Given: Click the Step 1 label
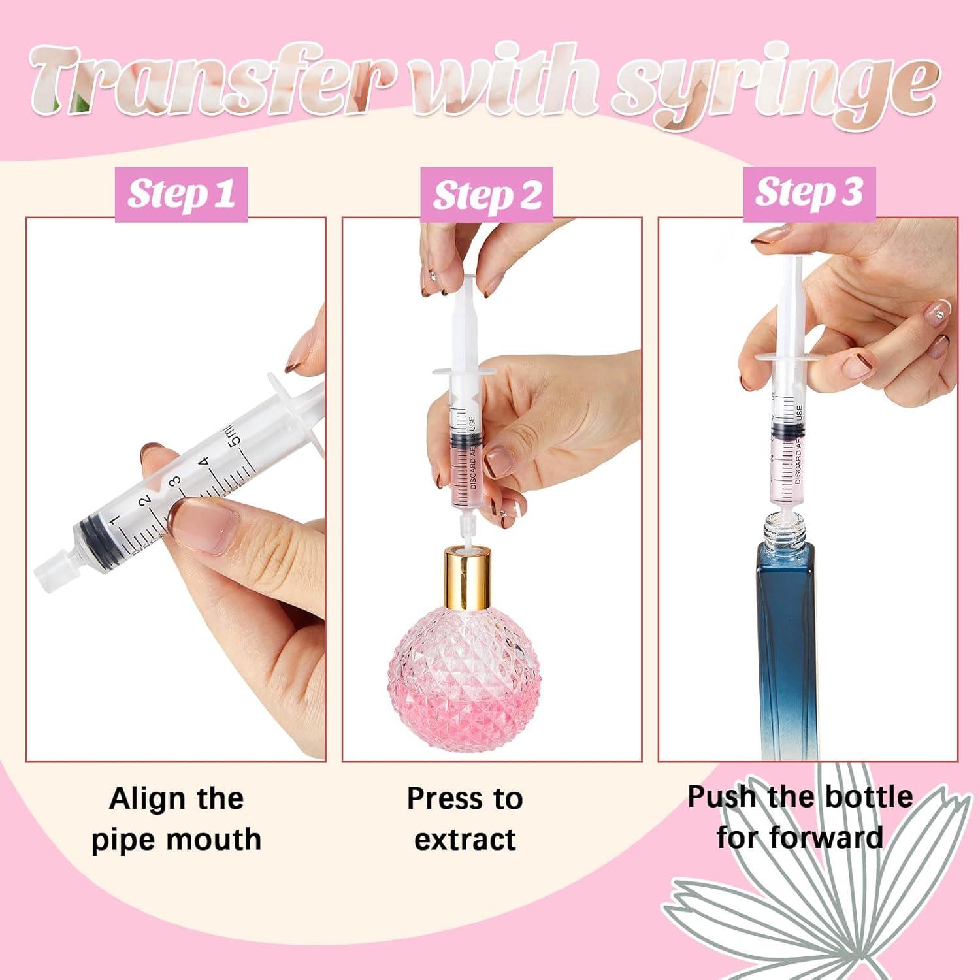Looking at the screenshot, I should pos(181,194).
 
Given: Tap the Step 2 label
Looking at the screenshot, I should pos(487,195).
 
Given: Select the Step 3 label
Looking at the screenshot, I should pos(809,193).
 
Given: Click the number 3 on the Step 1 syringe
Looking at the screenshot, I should pos(174,483).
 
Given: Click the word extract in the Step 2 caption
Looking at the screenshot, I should pos(465,840).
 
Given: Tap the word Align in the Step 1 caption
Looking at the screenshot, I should pos(140,799).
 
